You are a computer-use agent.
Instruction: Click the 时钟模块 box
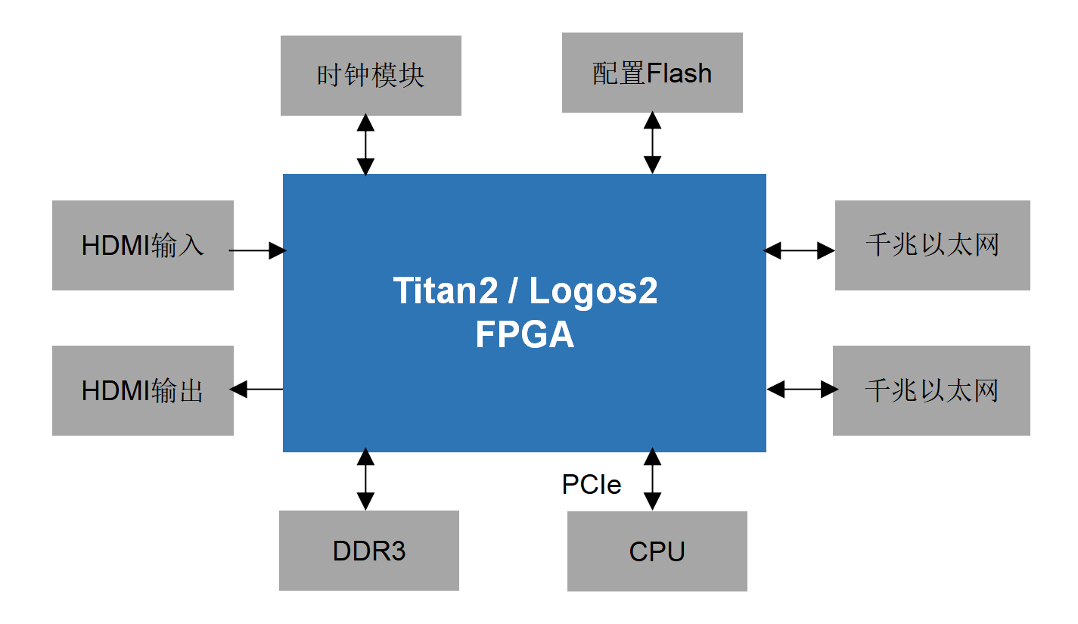click(x=371, y=76)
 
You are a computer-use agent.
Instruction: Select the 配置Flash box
click(x=652, y=73)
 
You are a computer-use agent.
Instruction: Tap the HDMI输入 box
click(x=142, y=245)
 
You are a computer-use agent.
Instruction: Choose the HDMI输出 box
click(x=142, y=390)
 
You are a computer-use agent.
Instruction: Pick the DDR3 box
click(x=369, y=551)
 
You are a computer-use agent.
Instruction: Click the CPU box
click(x=657, y=551)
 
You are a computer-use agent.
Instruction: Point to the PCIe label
click(x=592, y=484)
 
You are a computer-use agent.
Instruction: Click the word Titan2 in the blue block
click(x=441, y=291)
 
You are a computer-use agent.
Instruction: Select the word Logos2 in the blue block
click(x=593, y=291)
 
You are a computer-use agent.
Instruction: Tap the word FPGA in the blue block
click(x=525, y=335)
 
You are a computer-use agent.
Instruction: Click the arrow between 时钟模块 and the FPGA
click(x=365, y=144)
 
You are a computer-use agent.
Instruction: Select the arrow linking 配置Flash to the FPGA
click(x=652, y=142)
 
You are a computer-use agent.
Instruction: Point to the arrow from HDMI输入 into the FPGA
click(x=257, y=250)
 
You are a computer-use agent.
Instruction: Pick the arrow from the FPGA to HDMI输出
click(x=257, y=390)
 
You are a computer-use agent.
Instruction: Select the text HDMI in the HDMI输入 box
click(x=116, y=246)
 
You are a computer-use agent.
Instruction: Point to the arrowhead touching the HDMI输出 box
click(x=238, y=390)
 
